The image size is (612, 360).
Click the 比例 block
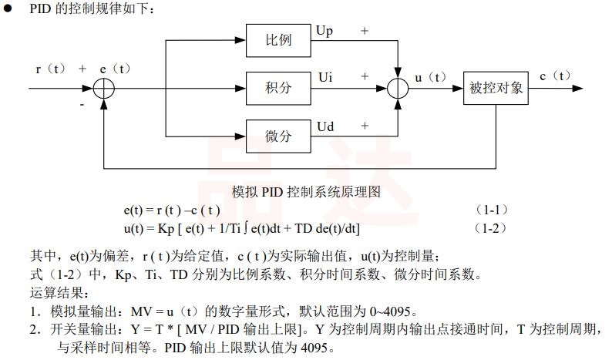coord(278,39)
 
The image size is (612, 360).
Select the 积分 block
coord(278,88)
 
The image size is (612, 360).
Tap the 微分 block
coord(278,136)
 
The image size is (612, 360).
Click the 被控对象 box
coord(496,88)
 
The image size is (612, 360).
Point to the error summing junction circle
coord(104,88)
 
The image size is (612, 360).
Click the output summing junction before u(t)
coord(397,88)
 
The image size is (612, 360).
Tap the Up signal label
coord(324,30)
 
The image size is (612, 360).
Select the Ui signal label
coord(324,77)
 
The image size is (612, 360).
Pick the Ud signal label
coord(324,126)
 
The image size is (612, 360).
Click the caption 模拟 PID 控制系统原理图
coord(306,191)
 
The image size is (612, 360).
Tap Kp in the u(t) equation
coord(167,228)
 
